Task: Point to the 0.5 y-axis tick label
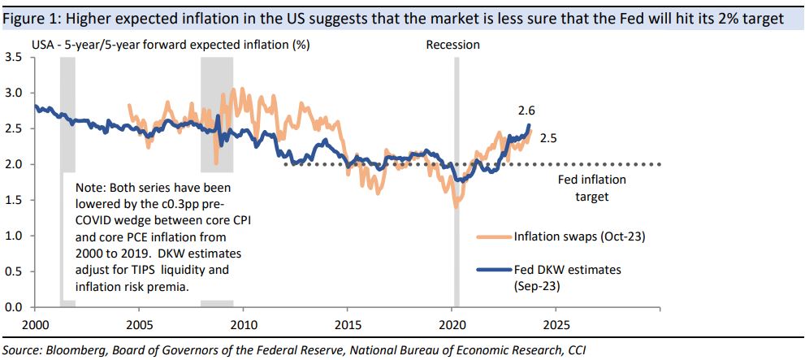click(14, 271)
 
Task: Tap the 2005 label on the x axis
click(138, 323)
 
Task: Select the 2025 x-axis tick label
click(555, 323)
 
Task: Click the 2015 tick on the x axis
click(347, 323)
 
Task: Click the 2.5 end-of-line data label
click(547, 139)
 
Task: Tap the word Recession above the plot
click(452, 45)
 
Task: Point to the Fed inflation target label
click(591, 188)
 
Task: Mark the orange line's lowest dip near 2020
click(456, 206)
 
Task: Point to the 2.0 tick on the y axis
click(14, 164)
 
